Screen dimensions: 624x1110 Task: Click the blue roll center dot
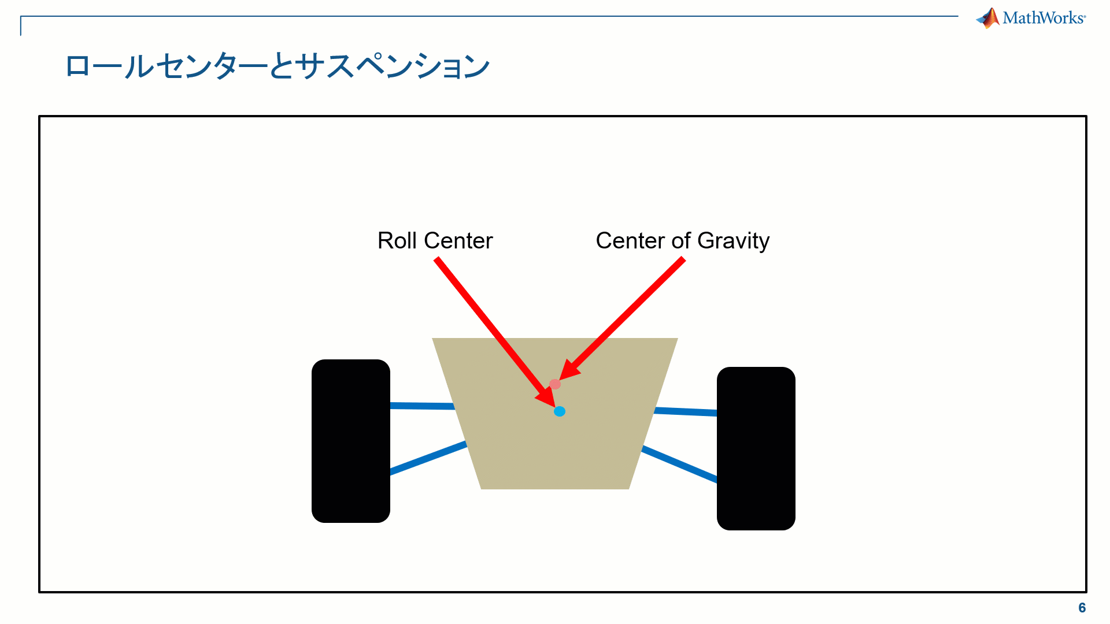pos(559,411)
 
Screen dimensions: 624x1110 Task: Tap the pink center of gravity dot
pos(555,384)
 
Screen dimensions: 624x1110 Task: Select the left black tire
pos(351,441)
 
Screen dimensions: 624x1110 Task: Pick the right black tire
pos(756,448)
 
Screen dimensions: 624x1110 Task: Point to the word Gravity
pos(733,241)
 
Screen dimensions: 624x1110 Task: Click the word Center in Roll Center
pos(458,241)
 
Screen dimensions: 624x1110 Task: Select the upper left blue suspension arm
pos(422,406)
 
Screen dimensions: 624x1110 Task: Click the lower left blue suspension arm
pos(428,458)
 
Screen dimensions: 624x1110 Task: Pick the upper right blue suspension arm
pos(685,411)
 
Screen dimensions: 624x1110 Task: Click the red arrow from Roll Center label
pos(491,329)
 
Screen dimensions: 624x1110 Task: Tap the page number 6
pos(1082,608)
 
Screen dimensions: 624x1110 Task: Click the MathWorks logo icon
pos(989,18)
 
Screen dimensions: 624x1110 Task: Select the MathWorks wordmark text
pos(1044,18)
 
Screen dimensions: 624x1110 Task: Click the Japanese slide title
pos(277,66)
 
